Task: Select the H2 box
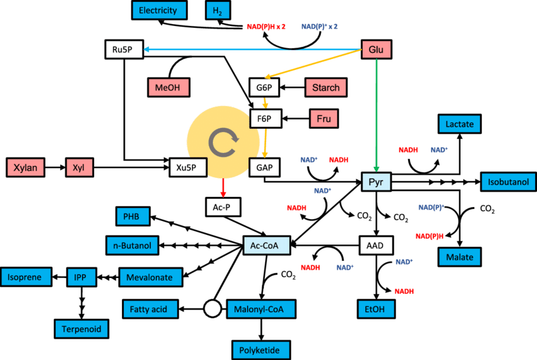217,11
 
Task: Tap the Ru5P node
124,49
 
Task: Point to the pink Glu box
376,50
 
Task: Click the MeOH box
169,87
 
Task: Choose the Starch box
326,87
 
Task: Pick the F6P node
265,119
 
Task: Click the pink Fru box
323,119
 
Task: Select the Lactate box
459,124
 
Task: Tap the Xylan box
26,167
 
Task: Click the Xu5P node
188,167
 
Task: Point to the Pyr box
377,182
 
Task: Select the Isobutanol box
507,182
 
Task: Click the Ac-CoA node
266,245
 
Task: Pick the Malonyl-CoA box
260,309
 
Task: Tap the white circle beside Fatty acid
212,309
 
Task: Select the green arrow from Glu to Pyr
377,114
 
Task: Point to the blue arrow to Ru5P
253,49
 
